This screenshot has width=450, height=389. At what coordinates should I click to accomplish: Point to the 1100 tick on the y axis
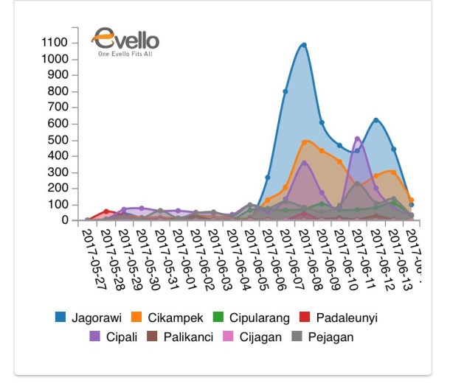click(x=56, y=43)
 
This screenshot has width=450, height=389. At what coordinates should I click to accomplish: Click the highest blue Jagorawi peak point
click(x=303, y=45)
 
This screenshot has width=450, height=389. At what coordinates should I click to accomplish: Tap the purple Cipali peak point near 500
click(x=358, y=139)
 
